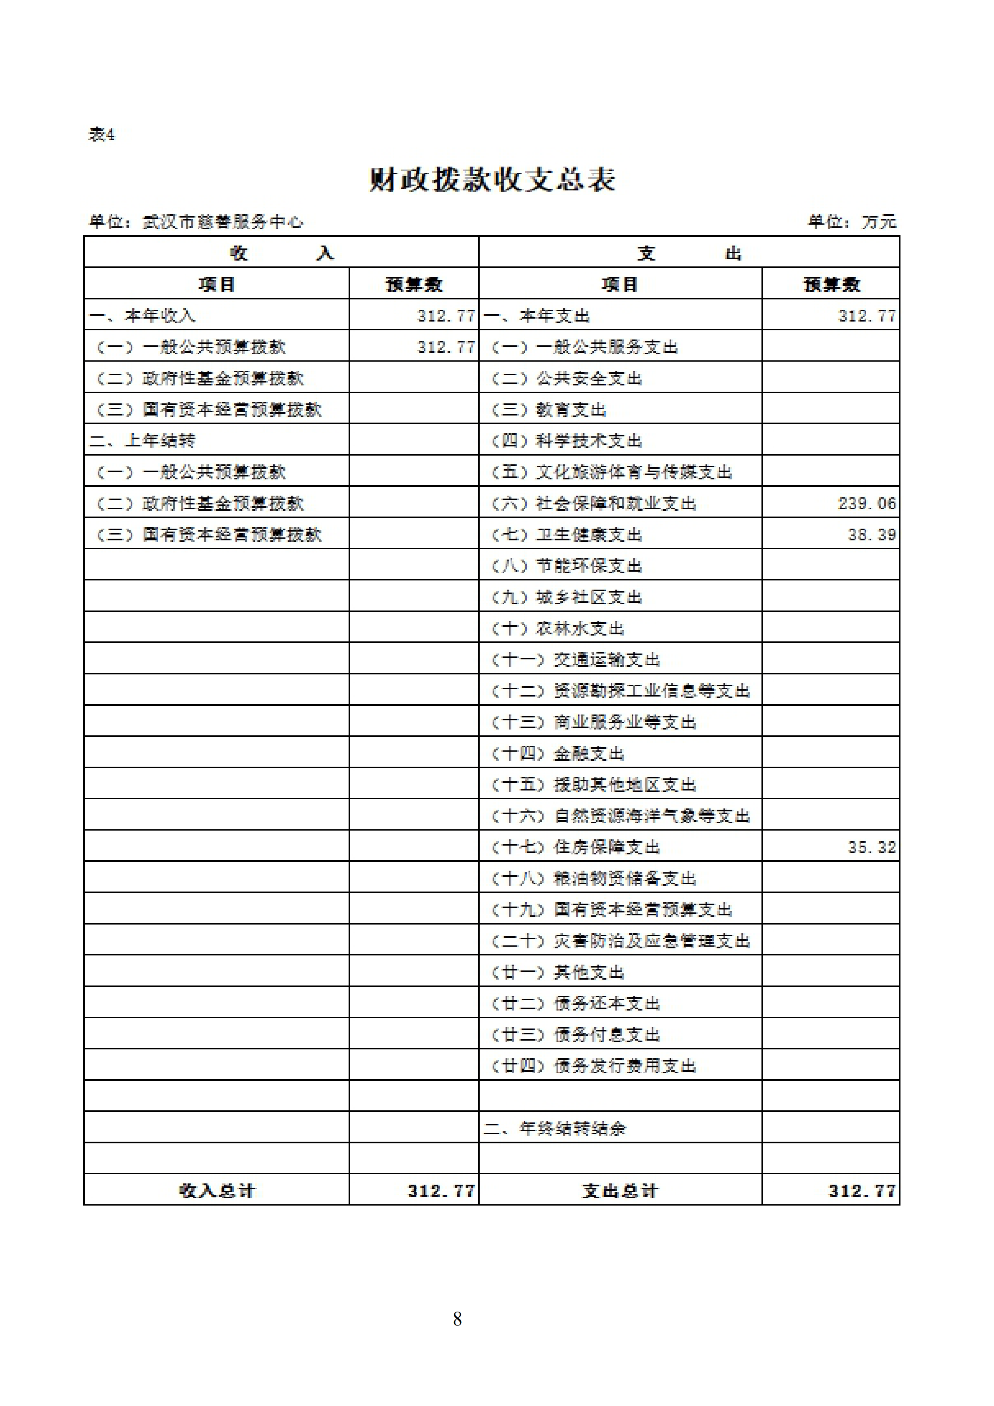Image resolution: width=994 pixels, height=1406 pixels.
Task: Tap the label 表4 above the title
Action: click(x=101, y=134)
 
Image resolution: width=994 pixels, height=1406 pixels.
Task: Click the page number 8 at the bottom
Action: click(x=457, y=1318)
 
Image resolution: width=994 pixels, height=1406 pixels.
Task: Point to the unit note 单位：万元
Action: click(x=852, y=222)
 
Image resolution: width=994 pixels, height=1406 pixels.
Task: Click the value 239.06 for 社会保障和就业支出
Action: click(x=867, y=503)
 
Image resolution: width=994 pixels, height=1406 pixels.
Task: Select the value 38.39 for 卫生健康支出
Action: click(x=872, y=535)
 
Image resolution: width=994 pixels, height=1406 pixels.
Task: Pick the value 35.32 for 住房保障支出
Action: click(x=872, y=848)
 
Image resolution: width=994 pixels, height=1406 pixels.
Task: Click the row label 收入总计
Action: click(x=217, y=1191)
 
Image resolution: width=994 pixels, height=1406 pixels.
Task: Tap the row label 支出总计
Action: click(x=620, y=1191)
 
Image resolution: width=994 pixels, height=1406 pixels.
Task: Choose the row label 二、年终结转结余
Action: click(x=554, y=1129)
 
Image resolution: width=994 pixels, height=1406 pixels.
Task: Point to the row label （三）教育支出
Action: click(x=549, y=410)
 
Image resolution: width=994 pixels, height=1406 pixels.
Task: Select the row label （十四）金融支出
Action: click(x=557, y=753)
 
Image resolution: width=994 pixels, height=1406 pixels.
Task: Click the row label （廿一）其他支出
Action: click(x=557, y=973)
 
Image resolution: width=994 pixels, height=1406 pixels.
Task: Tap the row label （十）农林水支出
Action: click(x=557, y=628)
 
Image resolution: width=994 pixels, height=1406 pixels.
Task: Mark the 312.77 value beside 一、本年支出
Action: click(x=867, y=316)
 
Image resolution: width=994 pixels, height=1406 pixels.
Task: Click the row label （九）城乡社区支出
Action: click(x=566, y=597)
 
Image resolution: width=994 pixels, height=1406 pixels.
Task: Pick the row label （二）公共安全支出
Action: click(x=566, y=378)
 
